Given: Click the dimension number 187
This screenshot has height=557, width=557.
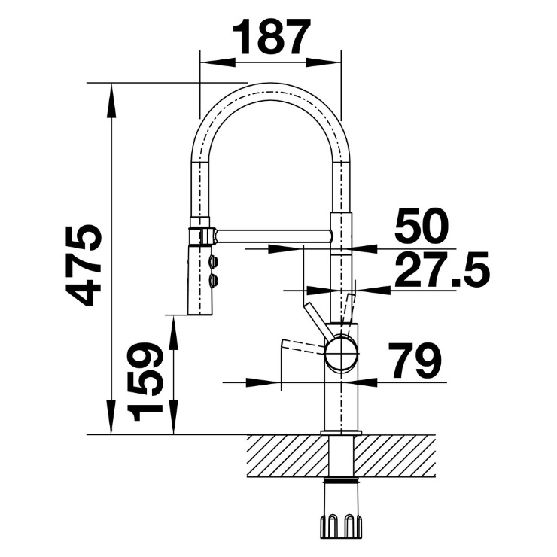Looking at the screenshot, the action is click(272, 36).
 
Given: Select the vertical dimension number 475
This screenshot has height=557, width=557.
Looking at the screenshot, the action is click(84, 265).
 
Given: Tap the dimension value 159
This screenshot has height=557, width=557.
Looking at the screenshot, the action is click(145, 381).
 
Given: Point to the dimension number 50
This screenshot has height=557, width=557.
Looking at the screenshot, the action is click(422, 225).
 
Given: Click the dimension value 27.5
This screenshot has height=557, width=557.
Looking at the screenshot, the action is click(443, 269).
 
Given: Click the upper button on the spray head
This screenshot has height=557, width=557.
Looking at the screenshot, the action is click(214, 263).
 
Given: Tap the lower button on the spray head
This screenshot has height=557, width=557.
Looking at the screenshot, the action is click(214, 281).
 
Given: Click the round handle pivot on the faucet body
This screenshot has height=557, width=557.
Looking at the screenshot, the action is click(341, 355).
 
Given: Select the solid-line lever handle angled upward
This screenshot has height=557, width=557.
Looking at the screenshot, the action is click(318, 320).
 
